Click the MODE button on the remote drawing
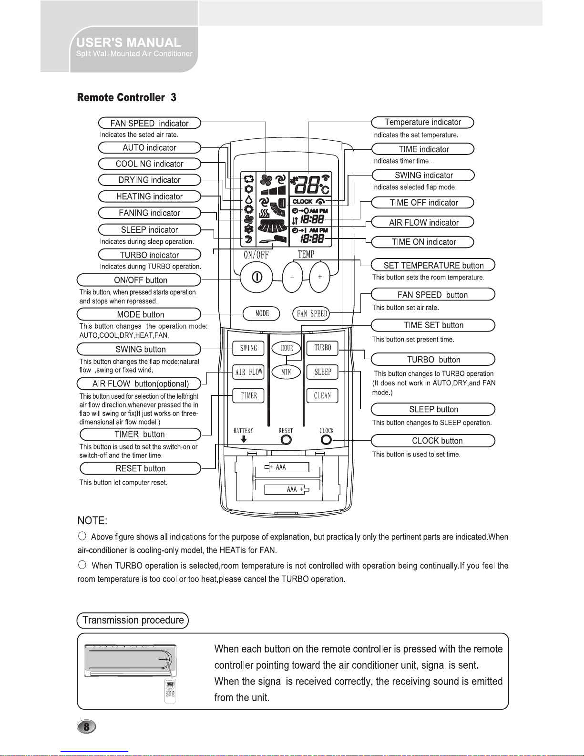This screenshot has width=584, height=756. coord(261,313)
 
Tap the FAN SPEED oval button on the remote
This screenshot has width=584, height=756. coord(311,313)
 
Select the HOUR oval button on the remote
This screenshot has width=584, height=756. coord(287,348)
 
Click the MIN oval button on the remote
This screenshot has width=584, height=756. coord(286,372)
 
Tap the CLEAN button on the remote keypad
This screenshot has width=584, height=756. coord(322,395)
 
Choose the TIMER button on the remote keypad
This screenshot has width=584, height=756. coord(248,395)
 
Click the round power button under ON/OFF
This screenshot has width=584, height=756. coord(256,277)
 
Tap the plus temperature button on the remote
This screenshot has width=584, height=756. coord(319,277)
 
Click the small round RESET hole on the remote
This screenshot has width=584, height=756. coord(286,440)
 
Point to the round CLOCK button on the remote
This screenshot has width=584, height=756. coord(326,440)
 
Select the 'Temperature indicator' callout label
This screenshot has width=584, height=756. coord(423,123)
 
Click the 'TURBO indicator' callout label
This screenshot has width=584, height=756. coord(150,255)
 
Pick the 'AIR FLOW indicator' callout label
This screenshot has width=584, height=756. coord(423,222)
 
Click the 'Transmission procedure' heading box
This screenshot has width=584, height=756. coord(133,621)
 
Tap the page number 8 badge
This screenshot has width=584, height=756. coord(86,726)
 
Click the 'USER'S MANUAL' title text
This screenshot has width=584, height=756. coord(129,43)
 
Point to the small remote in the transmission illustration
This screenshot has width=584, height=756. coord(170,691)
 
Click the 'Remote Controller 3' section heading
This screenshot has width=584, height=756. coord(126,97)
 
